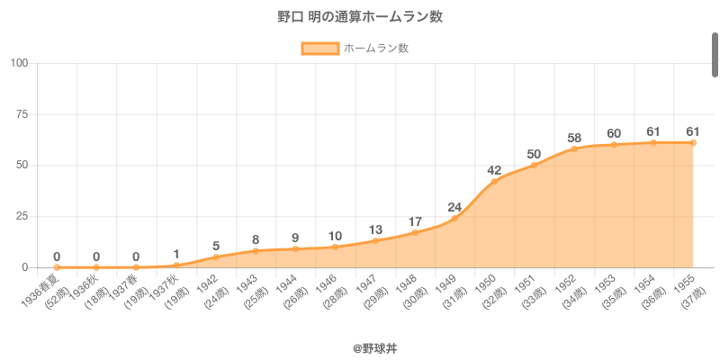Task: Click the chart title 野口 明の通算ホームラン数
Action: click(360, 17)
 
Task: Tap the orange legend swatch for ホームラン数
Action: click(319, 49)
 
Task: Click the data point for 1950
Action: click(494, 182)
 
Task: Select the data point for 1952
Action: click(574, 148)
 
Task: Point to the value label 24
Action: click(454, 207)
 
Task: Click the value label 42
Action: click(494, 170)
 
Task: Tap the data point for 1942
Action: click(216, 257)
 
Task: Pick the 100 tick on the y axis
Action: click(19, 63)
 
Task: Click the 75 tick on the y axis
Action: click(22, 114)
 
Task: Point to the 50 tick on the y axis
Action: click(22, 166)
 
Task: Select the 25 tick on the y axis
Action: click(22, 217)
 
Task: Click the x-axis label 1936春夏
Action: click(42, 290)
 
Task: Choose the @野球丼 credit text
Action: click(360, 346)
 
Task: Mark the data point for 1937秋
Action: click(176, 265)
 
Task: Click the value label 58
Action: click(574, 138)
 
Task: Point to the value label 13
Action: click(375, 229)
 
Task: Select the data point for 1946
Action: click(335, 247)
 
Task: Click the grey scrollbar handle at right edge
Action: click(715, 54)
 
